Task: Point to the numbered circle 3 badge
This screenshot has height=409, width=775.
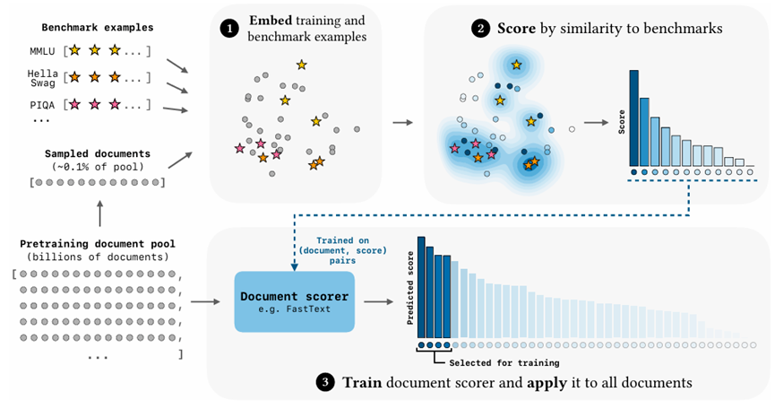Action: click(323, 383)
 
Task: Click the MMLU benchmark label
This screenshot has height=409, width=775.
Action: click(43, 51)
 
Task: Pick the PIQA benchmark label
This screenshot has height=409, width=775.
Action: click(43, 104)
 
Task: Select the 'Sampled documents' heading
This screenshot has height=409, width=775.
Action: click(98, 153)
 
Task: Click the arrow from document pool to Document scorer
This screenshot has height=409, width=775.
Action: click(206, 301)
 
